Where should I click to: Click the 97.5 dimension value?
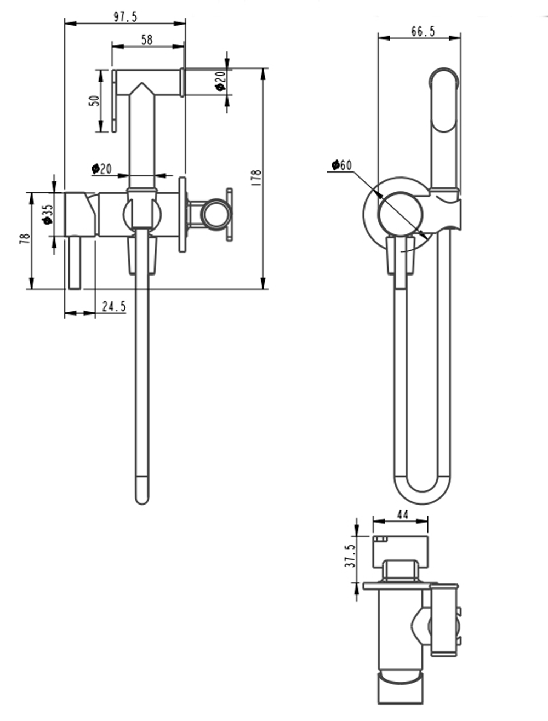[x=125, y=16]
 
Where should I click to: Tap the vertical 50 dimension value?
[x=94, y=101]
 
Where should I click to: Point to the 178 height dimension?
[x=258, y=179]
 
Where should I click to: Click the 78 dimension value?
[x=25, y=239]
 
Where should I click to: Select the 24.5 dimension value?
[x=114, y=306]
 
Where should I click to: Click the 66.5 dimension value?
[x=423, y=31]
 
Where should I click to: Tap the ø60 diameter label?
[x=341, y=164]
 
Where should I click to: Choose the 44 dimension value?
[x=402, y=514]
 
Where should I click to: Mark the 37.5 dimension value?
[x=351, y=554]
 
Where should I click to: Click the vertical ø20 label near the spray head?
[x=220, y=82]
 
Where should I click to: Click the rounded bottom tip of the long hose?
[x=142, y=493]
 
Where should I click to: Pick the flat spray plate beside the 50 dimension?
[x=114, y=100]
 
